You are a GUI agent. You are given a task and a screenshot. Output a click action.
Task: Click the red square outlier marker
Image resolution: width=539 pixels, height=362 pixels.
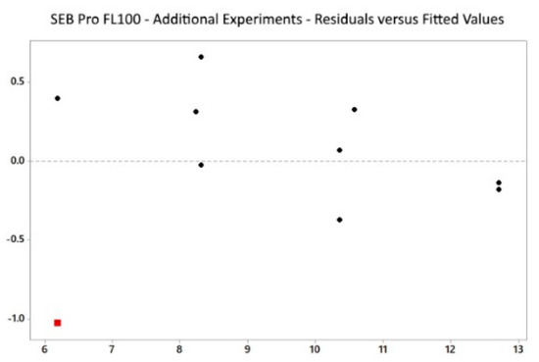coord(58,322)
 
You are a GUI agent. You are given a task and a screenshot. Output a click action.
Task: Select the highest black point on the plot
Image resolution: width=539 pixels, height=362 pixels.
coord(201,57)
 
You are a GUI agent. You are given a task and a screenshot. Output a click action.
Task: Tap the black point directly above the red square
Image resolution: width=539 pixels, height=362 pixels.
coord(58,98)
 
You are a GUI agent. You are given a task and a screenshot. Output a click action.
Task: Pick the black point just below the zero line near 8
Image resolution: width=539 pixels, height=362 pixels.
coord(201,165)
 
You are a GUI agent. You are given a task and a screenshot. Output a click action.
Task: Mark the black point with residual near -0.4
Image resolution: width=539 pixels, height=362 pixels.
coord(340,220)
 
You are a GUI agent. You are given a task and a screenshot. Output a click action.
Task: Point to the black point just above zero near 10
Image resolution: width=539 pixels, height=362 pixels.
coord(340,150)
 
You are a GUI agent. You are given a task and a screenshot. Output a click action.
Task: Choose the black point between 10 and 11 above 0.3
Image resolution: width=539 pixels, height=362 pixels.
coord(354,110)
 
